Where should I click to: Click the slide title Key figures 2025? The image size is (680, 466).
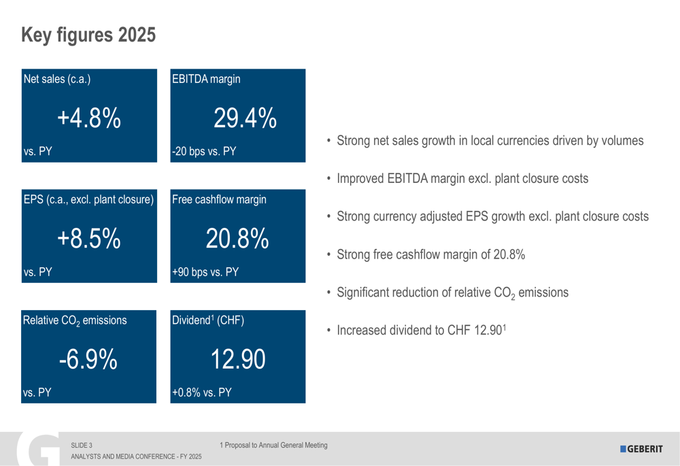click(88, 35)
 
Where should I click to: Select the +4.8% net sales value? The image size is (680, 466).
click(88, 118)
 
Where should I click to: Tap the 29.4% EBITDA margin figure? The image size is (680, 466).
click(245, 118)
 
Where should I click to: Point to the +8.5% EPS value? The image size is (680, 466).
click(88, 239)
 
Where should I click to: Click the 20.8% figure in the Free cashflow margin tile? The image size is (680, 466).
click(237, 239)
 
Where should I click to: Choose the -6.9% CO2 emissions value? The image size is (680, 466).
click(88, 359)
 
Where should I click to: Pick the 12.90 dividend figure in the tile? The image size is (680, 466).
click(237, 359)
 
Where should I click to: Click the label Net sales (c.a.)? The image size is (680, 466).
click(57, 79)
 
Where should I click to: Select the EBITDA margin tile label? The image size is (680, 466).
click(206, 79)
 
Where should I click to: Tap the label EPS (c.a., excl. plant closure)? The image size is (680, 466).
click(88, 199)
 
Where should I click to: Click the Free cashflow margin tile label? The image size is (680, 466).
click(219, 199)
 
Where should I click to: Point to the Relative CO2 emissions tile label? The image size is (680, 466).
click(75, 320)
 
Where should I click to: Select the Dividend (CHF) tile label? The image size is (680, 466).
click(207, 320)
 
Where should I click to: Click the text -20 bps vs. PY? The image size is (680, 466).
click(204, 152)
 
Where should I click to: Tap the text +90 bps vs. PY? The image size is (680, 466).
click(205, 272)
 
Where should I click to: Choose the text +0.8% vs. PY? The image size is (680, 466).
click(202, 393)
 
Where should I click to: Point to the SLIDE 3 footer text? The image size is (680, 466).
click(82, 446)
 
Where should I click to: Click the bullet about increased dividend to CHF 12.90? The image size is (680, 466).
click(421, 331)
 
